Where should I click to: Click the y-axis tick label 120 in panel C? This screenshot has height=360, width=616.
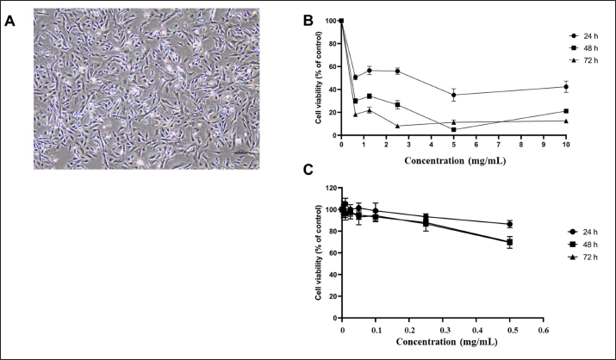point(330,187)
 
